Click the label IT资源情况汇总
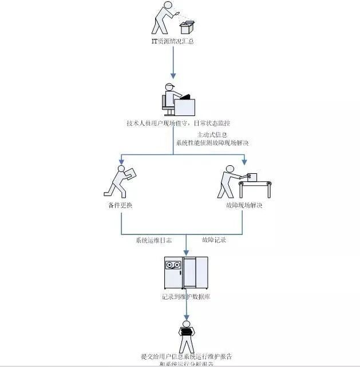[173, 42]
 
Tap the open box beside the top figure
[188, 27]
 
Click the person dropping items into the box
[163, 17]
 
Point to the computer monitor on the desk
[185, 106]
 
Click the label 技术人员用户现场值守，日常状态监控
[179, 123]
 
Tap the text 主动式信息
[212, 135]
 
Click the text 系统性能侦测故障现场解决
[213, 142]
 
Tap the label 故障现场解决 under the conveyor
[243, 205]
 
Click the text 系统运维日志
[153, 240]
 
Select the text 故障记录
[214, 240]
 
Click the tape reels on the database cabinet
[173, 266]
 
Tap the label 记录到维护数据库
[186, 297]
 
